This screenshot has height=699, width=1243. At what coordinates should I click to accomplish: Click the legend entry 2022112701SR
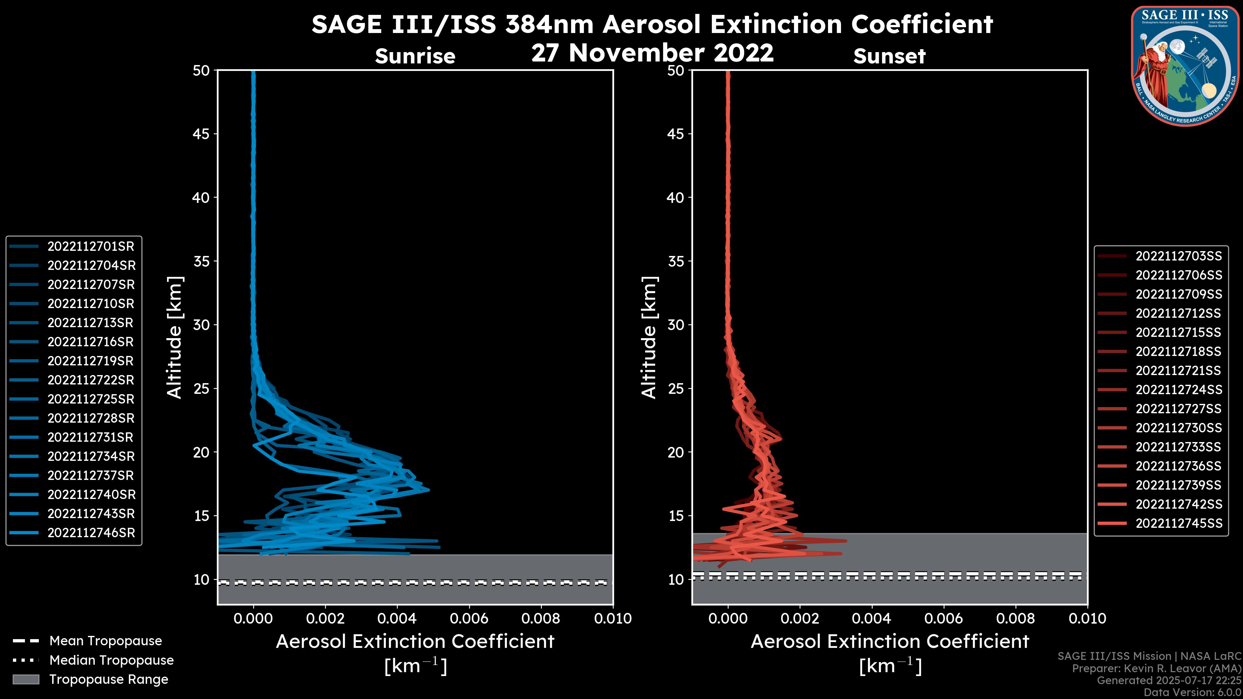pos(91,247)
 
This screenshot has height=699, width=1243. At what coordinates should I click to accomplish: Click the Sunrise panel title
pos(415,56)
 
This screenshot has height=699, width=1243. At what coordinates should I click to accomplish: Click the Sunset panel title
pos(889,56)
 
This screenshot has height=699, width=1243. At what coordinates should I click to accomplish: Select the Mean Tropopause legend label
pos(106,641)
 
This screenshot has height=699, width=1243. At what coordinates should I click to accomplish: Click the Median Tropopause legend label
pos(111,660)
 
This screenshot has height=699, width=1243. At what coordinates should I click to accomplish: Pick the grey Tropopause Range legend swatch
pos(26,680)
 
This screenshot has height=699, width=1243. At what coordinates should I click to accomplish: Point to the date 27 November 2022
pos(652,53)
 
